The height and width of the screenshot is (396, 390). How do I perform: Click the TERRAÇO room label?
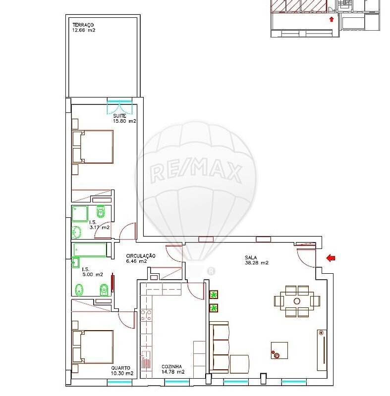[x=83, y=25]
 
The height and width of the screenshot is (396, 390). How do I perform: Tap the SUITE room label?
[x=119, y=116]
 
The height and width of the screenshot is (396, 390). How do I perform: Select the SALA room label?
[x=251, y=257]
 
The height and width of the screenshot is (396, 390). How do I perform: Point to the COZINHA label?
[x=171, y=366]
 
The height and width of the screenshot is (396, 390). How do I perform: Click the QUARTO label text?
[x=121, y=368]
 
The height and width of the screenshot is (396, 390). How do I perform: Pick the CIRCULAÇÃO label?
[x=141, y=256]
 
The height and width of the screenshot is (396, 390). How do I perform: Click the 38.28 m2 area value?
[x=257, y=263]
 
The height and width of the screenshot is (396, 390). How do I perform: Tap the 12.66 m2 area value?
[x=84, y=30]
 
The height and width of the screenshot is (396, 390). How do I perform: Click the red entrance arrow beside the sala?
[x=331, y=258]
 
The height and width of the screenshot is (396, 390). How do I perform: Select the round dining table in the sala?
[x=297, y=301]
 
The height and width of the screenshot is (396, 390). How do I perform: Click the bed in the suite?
[x=93, y=147]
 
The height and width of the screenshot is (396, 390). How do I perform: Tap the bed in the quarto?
[x=93, y=347]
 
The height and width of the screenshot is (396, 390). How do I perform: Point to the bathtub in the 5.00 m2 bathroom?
[x=91, y=250]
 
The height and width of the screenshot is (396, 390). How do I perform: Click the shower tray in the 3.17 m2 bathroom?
[x=80, y=214]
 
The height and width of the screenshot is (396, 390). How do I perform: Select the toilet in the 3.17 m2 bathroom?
[x=101, y=211]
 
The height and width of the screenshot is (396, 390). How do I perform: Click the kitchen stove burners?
[x=146, y=315]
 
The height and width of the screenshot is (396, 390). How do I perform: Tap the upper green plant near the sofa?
[x=214, y=295]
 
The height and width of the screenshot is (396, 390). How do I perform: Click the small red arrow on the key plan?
[x=332, y=19]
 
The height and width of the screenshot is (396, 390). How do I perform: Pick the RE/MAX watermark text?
[x=196, y=171]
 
